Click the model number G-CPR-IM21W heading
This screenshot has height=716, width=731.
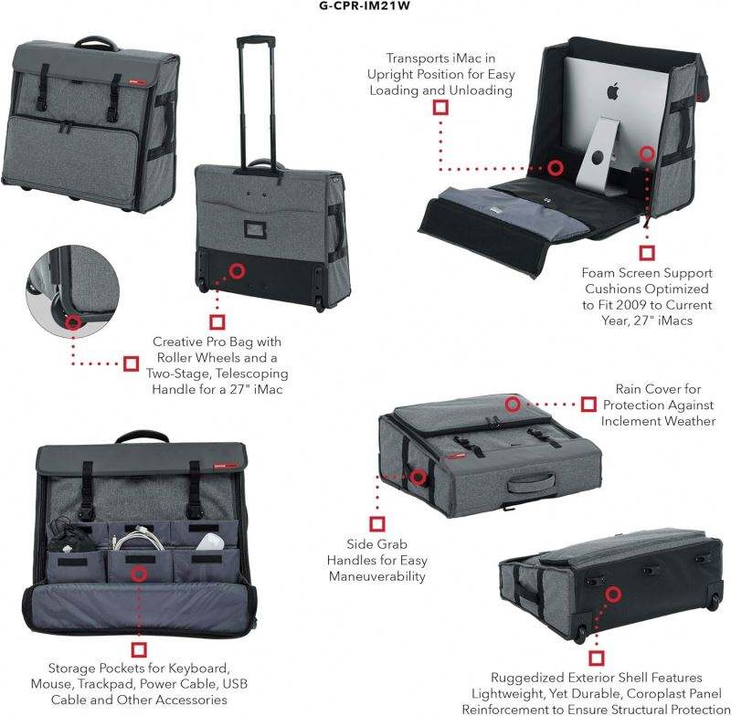coord(365,5)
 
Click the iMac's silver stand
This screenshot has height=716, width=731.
coord(598,145)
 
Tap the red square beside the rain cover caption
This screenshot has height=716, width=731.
coord(590,404)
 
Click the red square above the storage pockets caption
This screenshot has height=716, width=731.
coord(140,649)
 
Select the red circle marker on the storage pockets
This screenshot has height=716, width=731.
coord(139,574)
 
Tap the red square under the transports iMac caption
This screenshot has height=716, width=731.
coord(440,107)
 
